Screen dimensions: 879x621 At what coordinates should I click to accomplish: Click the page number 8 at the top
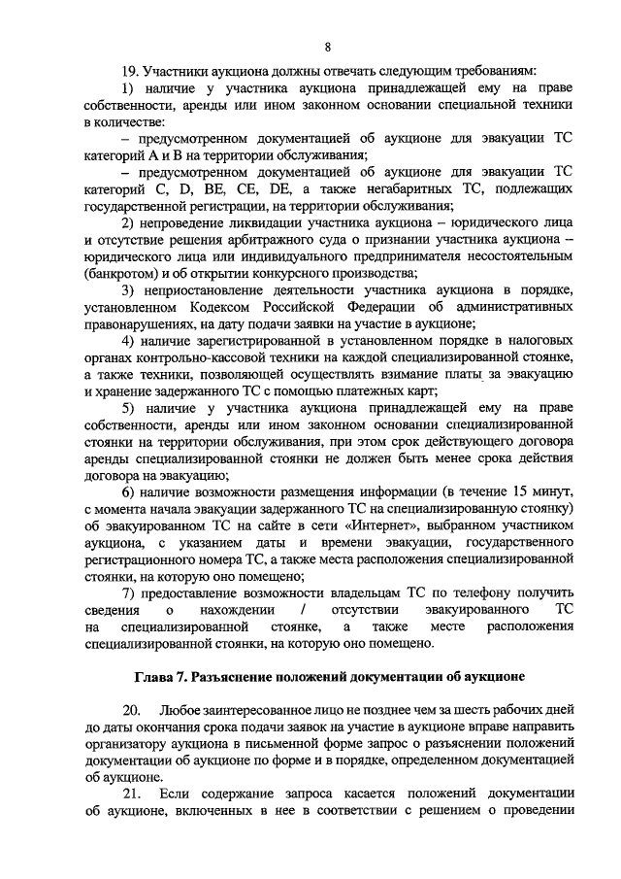tap(327, 47)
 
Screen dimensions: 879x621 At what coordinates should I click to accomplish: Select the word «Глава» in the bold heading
tap(153, 674)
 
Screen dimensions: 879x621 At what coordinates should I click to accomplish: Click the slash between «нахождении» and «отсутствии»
tap(304, 610)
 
